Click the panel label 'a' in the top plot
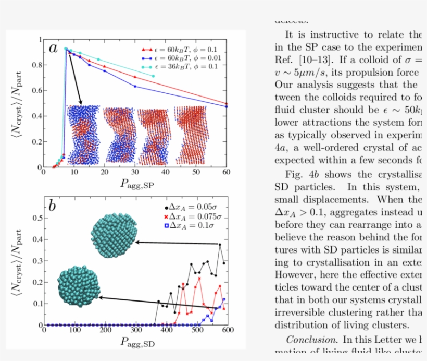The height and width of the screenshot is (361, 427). [x=53, y=49]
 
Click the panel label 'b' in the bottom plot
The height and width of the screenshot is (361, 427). [x=52, y=206]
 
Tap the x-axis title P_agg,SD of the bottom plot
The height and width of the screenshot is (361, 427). [x=136, y=342]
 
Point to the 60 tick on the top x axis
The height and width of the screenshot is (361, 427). [x=226, y=173]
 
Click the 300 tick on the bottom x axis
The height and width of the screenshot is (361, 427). [x=136, y=330]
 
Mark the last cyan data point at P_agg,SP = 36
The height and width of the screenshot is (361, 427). [x=153, y=76]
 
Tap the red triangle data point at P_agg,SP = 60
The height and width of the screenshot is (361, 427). [x=226, y=104]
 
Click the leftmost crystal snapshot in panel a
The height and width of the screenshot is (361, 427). [x=83, y=134]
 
